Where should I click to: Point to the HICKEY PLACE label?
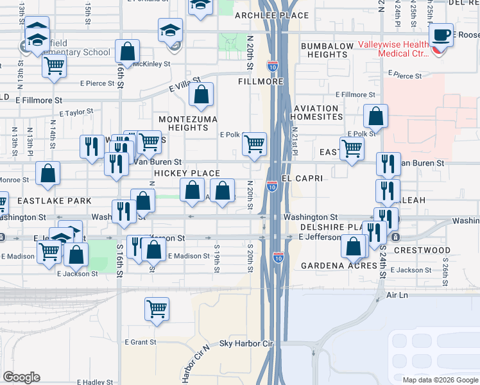coord(187,174)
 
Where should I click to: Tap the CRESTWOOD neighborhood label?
coord(422,250)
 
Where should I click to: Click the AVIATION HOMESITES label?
coord(316,113)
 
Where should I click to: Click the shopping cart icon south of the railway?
coord(157,309)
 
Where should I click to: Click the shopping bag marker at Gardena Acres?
coord(354,246)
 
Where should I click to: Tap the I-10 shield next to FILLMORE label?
coord(272,65)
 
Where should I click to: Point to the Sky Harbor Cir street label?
coord(247,345)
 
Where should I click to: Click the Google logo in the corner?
coord(22,377)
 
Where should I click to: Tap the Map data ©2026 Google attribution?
coord(440,380)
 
